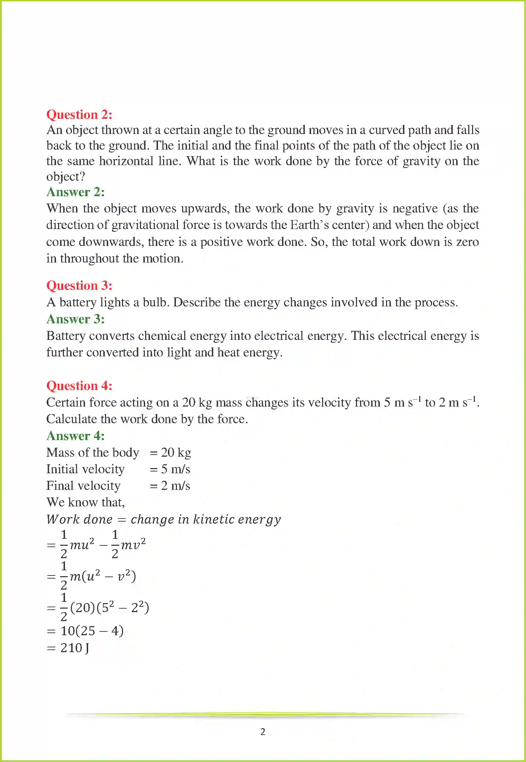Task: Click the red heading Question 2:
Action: [79, 114]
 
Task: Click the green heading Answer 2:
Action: [75, 192]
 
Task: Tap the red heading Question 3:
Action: [79, 285]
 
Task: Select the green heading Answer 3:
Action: [75, 319]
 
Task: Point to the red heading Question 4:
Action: [79, 385]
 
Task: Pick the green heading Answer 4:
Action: [75, 436]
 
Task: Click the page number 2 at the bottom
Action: [263, 732]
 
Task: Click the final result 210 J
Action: [74, 648]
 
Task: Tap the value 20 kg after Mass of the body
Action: [176, 453]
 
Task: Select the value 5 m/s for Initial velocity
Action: [175, 469]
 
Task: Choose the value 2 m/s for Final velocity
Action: [175, 486]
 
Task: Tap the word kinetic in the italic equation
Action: [214, 519]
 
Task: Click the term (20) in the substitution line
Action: [83, 608]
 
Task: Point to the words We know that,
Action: [85, 502]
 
